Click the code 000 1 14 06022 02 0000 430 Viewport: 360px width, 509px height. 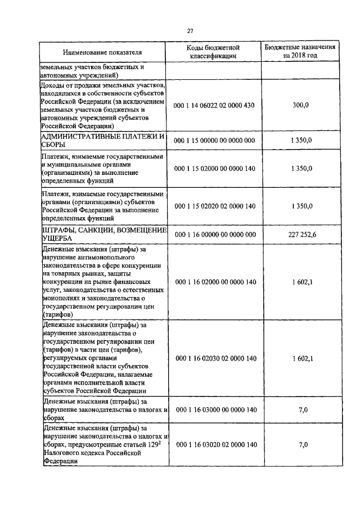click(215, 105)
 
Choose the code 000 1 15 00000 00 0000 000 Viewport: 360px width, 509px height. click(215, 140)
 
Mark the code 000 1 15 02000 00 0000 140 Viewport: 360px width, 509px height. click(215, 168)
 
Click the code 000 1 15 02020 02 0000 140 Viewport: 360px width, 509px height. click(215, 206)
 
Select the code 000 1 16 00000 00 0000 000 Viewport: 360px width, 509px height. click(215, 235)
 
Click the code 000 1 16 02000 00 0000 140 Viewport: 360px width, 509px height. click(215, 281)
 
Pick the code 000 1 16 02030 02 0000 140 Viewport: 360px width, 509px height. click(215, 358)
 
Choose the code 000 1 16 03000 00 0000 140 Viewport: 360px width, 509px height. click(215, 410)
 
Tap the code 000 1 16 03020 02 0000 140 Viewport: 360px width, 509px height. click(215, 444)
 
